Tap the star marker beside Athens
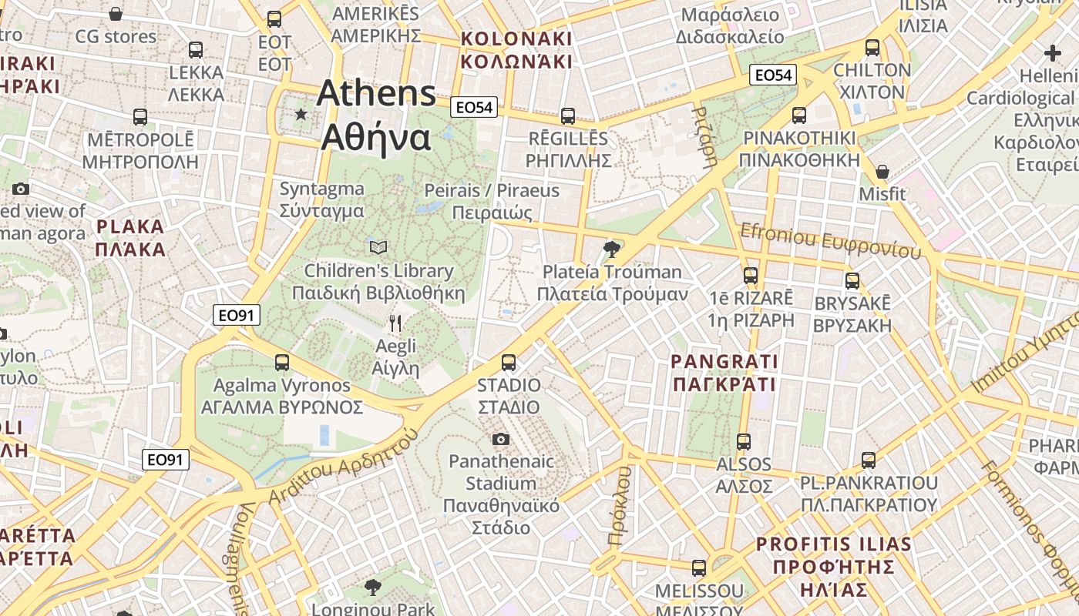point(301,114)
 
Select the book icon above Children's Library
point(378,247)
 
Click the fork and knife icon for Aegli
point(395,323)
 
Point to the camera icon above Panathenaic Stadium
point(501,439)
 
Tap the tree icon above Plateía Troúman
point(612,248)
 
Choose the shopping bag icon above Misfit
point(882,171)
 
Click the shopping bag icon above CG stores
point(116,14)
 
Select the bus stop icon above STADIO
point(509,362)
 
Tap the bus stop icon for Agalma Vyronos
point(282,362)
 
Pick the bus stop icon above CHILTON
point(872,48)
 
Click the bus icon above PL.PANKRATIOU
point(869,460)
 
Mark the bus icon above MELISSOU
point(699,568)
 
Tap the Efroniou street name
point(830,241)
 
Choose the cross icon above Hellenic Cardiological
point(1053,53)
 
